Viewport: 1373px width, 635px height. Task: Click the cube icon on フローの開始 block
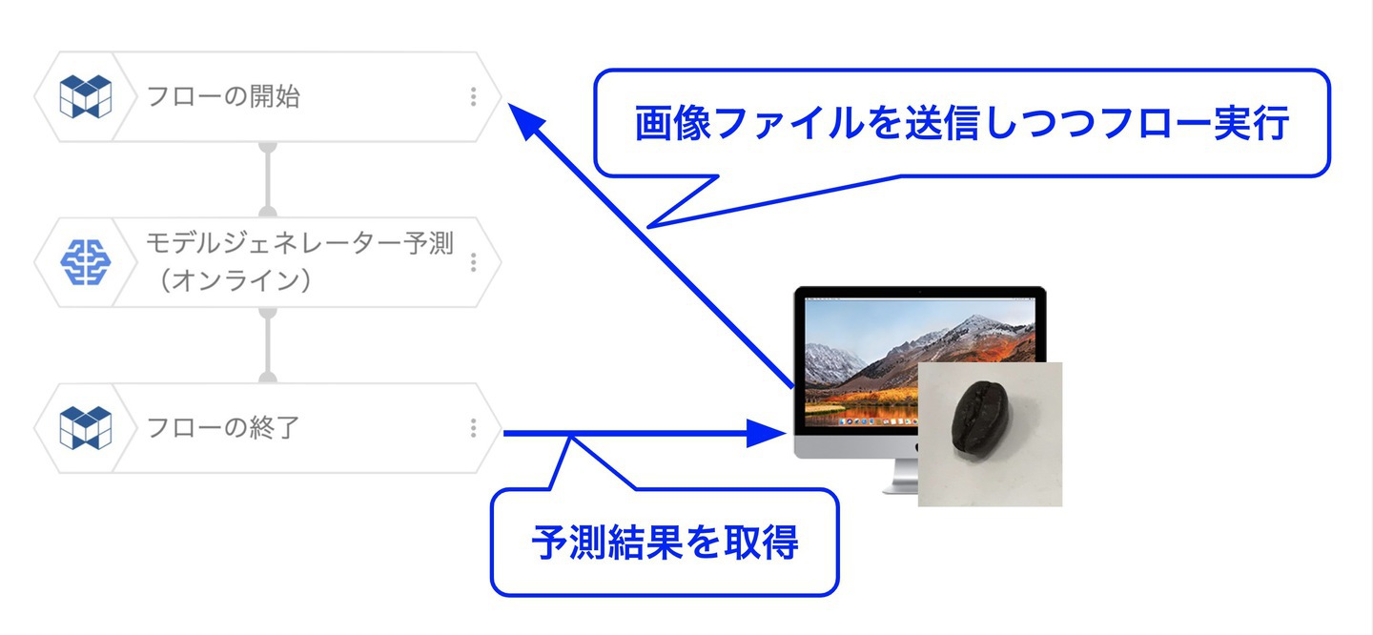[86, 96]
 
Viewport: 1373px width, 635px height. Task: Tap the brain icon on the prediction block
[86, 262]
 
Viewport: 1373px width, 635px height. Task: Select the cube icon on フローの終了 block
[86, 428]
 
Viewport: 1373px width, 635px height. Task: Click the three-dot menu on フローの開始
[473, 97]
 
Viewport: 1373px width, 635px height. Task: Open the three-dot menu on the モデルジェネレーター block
[473, 262]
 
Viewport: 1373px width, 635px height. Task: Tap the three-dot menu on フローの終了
[473, 428]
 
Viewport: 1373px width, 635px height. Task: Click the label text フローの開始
[223, 96]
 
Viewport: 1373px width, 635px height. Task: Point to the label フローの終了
[223, 427]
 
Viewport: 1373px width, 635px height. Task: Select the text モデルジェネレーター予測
[299, 243]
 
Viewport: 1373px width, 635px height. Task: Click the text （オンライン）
[236, 280]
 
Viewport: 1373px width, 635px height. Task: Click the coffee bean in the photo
[979, 420]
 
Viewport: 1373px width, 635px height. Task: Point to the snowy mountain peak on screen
[974, 322]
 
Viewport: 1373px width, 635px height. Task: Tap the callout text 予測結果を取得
[666, 543]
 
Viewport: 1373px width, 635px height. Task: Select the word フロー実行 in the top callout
[1196, 123]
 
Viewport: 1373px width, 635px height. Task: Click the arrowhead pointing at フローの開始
[526, 120]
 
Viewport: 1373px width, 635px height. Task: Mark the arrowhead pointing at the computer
[766, 433]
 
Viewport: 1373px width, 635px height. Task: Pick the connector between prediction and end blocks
[268, 345]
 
